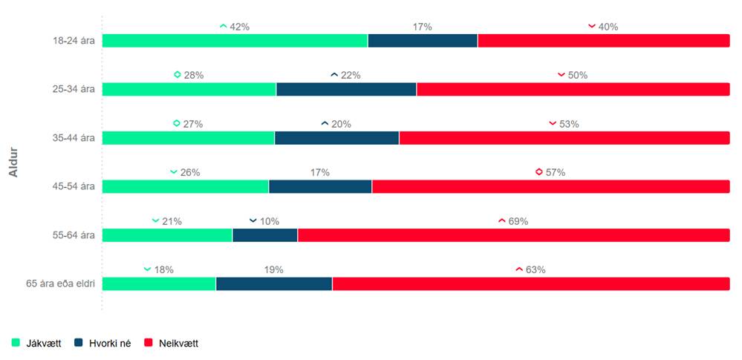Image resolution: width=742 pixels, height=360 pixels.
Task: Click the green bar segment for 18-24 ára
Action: click(x=235, y=41)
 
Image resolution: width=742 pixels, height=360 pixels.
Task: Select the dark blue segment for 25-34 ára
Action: click(x=346, y=89)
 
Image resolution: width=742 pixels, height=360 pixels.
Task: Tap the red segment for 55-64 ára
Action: click(x=513, y=235)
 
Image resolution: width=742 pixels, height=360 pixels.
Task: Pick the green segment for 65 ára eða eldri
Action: click(x=159, y=284)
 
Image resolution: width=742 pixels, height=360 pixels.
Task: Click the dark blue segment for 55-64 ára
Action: click(x=265, y=235)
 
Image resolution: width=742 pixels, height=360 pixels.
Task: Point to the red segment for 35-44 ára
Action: click(x=564, y=138)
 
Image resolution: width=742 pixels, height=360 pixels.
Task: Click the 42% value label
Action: click(x=239, y=27)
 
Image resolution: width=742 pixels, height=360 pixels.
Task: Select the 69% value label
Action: click(x=518, y=221)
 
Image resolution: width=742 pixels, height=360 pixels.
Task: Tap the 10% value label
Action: click(x=270, y=221)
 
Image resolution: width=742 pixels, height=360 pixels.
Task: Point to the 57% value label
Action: click(x=555, y=172)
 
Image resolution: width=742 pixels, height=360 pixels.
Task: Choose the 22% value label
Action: click(x=351, y=75)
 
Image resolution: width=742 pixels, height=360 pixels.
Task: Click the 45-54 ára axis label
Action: click(x=71, y=186)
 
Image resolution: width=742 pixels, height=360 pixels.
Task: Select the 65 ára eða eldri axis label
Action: click(x=60, y=284)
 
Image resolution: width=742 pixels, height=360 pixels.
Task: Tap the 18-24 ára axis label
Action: click(x=71, y=41)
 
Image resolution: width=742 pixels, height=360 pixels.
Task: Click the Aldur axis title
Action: click(x=13, y=163)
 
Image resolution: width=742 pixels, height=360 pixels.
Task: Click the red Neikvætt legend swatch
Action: click(x=149, y=343)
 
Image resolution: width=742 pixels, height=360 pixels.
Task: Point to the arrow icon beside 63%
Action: click(x=519, y=269)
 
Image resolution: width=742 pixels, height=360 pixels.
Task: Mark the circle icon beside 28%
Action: click(x=178, y=75)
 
